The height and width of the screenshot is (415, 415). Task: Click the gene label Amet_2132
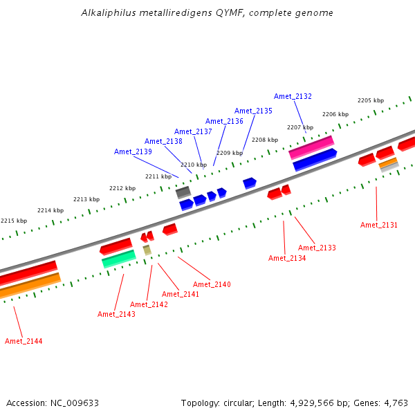click(x=293, y=96)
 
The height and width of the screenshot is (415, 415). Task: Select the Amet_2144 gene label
click(x=24, y=341)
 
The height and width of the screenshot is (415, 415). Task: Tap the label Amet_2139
click(x=133, y=151)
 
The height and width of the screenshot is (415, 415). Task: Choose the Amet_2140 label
click(x=212, y=284)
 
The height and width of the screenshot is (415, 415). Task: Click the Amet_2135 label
click(x=253, y=111)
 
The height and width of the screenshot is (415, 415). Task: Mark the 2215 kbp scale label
click(x=14, y=221)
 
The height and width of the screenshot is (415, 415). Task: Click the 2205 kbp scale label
click(x=371, y=100)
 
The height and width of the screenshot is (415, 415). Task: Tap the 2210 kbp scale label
click(x=194, y=165)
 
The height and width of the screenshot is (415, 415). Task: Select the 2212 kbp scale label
click(x=122, y=188)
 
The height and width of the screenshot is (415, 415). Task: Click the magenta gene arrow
click(x=311, y=147)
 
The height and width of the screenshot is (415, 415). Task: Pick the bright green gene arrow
click(x=118, y=259)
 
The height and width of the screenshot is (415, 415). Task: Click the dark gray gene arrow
click(x=183, y=192)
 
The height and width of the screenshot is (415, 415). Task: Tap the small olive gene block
click(x=147, y=250)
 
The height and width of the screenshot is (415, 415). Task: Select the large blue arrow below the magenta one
click(x=315, y=160)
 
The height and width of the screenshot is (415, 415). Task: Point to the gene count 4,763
click(x=396, y=403)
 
